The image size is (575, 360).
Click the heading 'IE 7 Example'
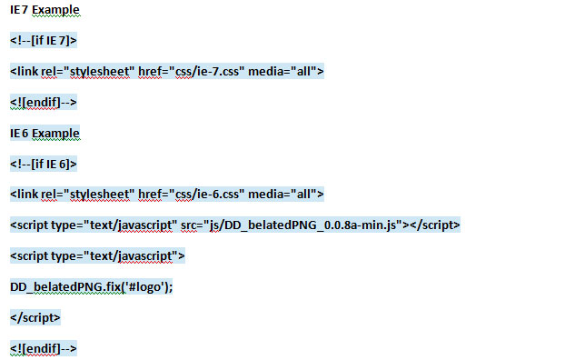pos(45,10)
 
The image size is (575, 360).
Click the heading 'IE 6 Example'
pos(45,134)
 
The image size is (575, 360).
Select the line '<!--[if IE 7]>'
pos(44,41)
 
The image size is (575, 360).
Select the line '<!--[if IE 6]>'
pos(44,165)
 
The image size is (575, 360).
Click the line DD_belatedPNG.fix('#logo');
pos(91,287)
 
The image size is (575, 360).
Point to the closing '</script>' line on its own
pos(35,318)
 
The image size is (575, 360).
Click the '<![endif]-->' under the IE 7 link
pos(44,103)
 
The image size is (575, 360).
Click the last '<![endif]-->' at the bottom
pos(44,349)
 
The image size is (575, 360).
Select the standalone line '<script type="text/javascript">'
pos(97,256)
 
